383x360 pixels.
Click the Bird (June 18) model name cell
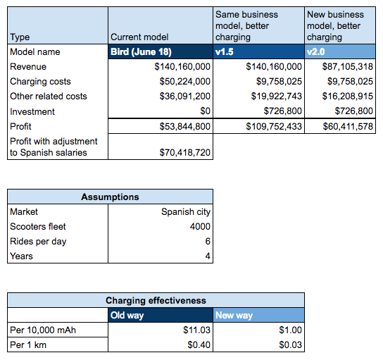[161, 51]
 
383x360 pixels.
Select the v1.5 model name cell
[258, 51]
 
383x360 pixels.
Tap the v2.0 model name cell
[340, 51]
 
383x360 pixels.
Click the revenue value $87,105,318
[348, 66]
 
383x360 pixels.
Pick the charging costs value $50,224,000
[185, 82]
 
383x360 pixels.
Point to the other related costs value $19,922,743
[277, 96]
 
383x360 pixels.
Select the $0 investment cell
[205, 111]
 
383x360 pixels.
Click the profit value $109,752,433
[274, 126]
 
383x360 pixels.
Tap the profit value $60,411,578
[348, 126]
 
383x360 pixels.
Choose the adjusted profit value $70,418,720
[185, 152]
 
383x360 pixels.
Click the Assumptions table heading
[110, 197]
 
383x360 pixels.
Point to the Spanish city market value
[186, 211]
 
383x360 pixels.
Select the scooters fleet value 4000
[200, 226]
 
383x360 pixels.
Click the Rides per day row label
[38, 242]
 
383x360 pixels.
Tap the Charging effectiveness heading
[156, 300]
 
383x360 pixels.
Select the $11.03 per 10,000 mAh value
[196, 330]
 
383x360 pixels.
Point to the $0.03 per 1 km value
[291, 345]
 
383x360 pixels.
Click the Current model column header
[139, 37]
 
